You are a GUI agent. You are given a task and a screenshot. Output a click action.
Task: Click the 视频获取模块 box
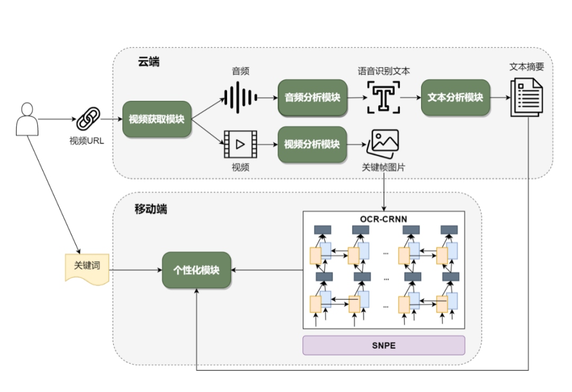pyautogui.click(x=156, y=119)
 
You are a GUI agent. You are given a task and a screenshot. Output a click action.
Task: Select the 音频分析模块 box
pyautogui.click(x=312, y=98)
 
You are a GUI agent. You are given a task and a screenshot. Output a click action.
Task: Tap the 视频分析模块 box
pyautogui.click(x=312, y=144)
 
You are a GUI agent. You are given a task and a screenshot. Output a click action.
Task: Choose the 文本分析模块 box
pyautogui.click(x=455, y=98)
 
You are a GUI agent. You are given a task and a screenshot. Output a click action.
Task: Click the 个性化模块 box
pyautogui.click(x=196, y=271)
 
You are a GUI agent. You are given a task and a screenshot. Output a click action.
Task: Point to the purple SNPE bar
pyautogui.click(x=383, y=345)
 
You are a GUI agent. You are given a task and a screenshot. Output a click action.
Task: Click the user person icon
pyautogui.click(x=26, y=119)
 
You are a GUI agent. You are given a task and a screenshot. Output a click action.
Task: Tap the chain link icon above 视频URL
pyautogui.click(x=88, y=119)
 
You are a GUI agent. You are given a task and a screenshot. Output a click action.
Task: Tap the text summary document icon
pyautogui.click(x=526, y=97)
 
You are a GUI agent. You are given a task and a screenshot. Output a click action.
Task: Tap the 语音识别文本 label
pyautogui.click(x=383, y=71)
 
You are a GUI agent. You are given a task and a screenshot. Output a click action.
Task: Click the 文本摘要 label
pyautogui.click(x=526, y=67)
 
